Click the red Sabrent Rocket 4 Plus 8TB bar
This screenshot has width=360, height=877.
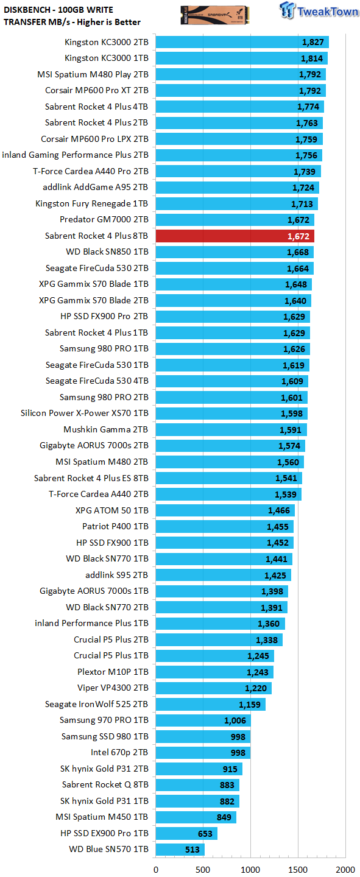235,236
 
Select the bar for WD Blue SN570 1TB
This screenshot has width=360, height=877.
180,849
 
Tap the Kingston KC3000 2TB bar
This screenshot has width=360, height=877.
242,42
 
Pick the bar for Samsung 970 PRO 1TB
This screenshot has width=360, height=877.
203,720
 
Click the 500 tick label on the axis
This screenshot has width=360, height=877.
203,870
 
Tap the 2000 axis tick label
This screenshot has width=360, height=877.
345,870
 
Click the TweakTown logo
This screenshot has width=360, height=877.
319,10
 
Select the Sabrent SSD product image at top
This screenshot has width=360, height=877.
214,15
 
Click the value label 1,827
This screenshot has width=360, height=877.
313,42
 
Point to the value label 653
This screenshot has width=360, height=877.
205,834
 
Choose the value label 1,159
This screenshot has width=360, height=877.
250,705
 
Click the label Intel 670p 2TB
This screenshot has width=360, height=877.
119,753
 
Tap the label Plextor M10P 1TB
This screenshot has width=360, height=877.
113,672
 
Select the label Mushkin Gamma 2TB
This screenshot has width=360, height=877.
106,429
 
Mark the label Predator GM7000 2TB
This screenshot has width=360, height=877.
104,220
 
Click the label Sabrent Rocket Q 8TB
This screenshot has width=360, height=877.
105,784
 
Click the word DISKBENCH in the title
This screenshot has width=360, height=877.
27,10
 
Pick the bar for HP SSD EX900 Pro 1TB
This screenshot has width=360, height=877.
186,833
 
